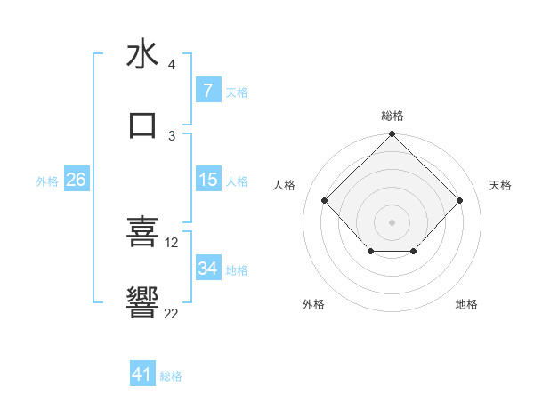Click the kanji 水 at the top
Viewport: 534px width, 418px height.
click(x=142, y=54)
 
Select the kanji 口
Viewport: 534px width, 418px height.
click(x=142, y=124)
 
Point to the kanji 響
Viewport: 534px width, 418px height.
click(x=142, y=302)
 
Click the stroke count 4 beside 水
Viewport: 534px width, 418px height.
click(x=172, y=65)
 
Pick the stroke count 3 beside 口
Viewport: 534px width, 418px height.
click(x=172, y=135)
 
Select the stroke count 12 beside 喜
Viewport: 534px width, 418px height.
click(x=172, y=242)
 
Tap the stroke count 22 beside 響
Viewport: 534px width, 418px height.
click(x=172, y=313)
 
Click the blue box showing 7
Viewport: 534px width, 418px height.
click(x=207, y=91)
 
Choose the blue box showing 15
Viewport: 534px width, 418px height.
click(x=207, y=180)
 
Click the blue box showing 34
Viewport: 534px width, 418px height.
click(x=207, y=269)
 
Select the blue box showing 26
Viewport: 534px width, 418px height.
click(x=76, y=180)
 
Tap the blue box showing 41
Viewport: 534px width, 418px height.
click(x=142, y=375)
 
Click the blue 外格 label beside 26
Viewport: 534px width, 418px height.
click(x=47, y=181)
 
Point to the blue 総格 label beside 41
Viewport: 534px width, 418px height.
click(x=171, y=376)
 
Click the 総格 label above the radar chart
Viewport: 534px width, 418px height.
click(x=392, y=116)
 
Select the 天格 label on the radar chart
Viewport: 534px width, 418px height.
click(x=500, y=185)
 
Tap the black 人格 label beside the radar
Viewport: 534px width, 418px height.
click(x=285, y=185)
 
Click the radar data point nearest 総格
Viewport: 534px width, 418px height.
click(x=392, y=135)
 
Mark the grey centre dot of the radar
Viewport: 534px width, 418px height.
click(x=392, y=221)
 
